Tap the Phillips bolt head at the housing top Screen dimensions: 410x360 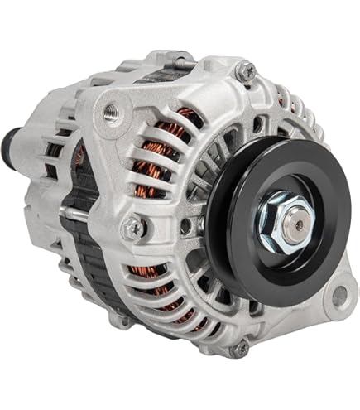(245, 72)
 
